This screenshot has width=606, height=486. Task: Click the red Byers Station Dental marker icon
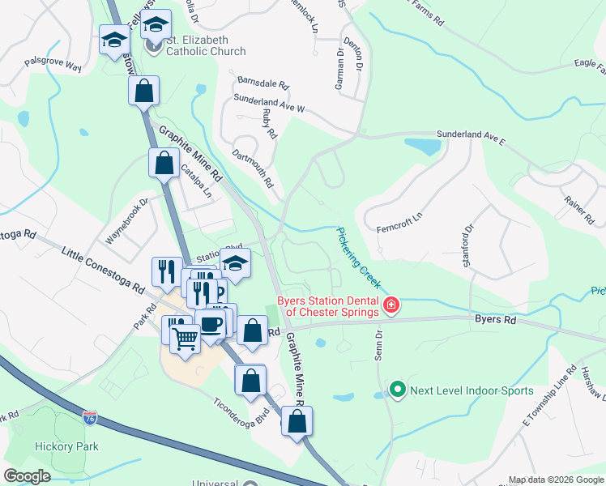coord(391,305)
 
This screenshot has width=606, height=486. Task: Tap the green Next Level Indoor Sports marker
coord(397,390)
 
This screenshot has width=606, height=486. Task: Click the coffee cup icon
coord(211,325)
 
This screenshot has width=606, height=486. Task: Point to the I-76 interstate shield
coord(90,418)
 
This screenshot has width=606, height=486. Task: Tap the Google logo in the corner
coord(27,476)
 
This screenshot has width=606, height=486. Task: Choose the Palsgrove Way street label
coord(53,64)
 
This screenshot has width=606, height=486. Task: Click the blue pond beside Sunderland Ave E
coord(424,147)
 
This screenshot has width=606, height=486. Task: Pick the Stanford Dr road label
coord(467,229)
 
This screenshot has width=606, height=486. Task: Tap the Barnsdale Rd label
coord(263,83)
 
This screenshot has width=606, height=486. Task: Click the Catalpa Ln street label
coord(195,181)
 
